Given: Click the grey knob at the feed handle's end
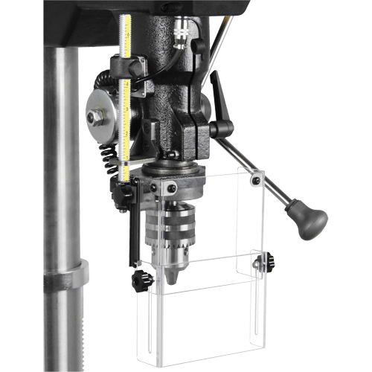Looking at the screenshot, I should (x=307, y=220).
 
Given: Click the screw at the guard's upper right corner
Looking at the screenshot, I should (x=254, y=179).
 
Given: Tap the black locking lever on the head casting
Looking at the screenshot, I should (x=221, y=97).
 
